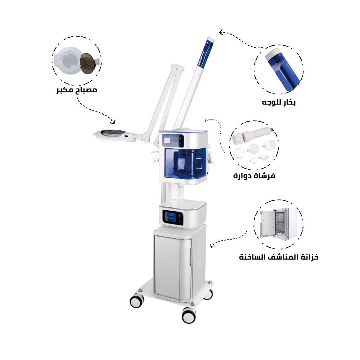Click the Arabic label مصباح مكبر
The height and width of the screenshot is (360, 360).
point(77,90)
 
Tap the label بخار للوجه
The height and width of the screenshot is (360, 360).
point(279,102)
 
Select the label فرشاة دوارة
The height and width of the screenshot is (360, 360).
point(254,176)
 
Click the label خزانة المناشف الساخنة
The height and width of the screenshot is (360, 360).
point(279,257)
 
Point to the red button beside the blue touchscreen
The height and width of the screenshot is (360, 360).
point(180,216)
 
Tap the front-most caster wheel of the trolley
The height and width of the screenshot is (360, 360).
point(189,315)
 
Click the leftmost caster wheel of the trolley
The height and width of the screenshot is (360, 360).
point(137,301)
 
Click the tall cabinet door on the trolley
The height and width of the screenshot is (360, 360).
point(173,266)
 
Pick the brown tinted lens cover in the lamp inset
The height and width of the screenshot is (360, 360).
point(88,62)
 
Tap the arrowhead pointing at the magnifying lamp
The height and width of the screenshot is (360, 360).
point(112,122)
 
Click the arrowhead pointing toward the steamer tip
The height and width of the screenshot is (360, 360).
point(221,32)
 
